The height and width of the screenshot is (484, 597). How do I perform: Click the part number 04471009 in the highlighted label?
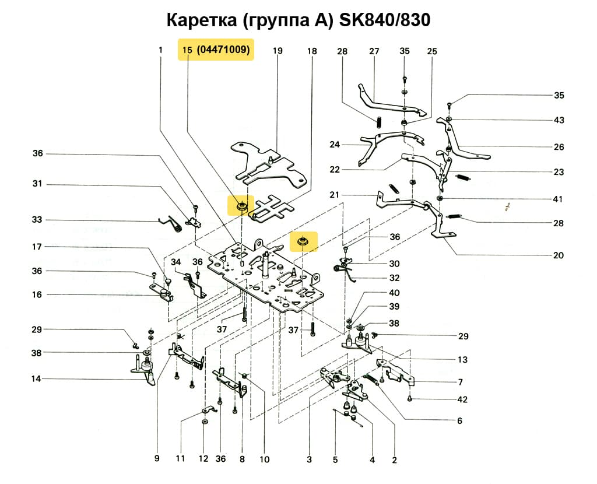pyautogui.click(x=224, y=51)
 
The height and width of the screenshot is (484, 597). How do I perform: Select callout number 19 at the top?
pyautogui.click(x=278, y=51)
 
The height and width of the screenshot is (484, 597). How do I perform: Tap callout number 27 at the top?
pyautogui.click(x=374, y=51)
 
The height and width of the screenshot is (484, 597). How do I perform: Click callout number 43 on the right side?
pyautogui.click(x=559, y=121)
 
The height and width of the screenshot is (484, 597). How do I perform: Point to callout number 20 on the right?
pyautogui.click(x=559, y=255)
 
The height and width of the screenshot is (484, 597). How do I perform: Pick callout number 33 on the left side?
pyautogui.click(x=37, y=220)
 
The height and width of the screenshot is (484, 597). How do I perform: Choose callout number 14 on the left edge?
pyautogui.click(x=37, y=379)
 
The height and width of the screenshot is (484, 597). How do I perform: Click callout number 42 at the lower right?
pyautogui.click(x=462, y=400)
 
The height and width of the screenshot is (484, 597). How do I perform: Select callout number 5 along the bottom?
pyautogui.click(x=335, y=460)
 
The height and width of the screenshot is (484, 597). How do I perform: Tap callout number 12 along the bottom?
pyautogui.click(x=203, y=459)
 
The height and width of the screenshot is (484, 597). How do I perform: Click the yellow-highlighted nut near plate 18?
pyautogui.click(x=240, y=206)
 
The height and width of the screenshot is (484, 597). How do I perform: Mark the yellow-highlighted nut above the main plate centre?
pyautogui.click(x=303, y=240)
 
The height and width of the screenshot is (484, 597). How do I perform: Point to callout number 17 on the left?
pyautogui.click(x=37, y=247)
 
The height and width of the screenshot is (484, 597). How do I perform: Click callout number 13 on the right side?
pyautogui.click(x=462, y=360)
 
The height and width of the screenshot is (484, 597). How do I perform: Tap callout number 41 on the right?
pyautogui.click(x=558, y=199)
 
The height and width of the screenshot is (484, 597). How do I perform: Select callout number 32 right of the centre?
pyautogui.click(x=395, y=278)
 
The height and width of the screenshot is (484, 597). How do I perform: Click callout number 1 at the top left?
pyautogui.click(x=160, y=51)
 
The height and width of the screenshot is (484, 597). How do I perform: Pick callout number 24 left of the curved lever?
pyautogui.click(x=334, y=145)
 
